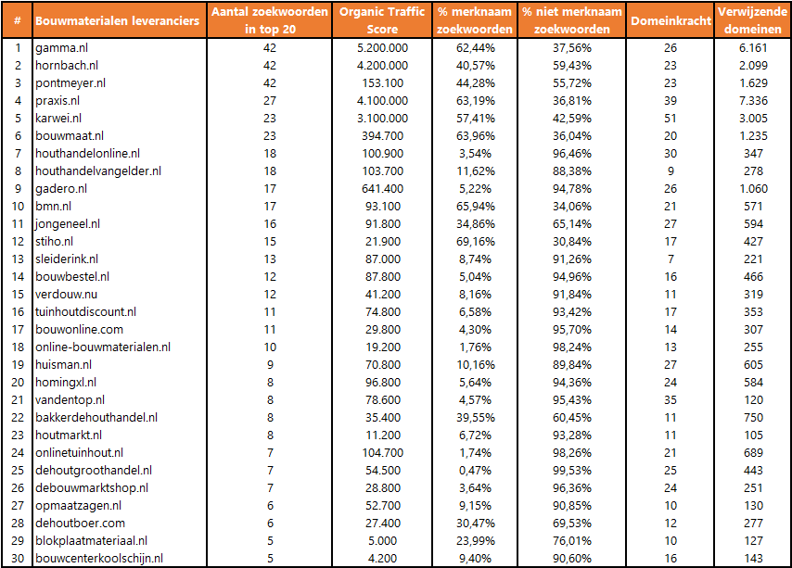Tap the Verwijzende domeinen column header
(753, 20)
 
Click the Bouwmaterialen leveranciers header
(117, 20)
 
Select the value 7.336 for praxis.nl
(753, 100)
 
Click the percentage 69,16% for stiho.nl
(477, 241)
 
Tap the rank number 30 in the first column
(17, 558)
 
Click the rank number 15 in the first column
(17, 294)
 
